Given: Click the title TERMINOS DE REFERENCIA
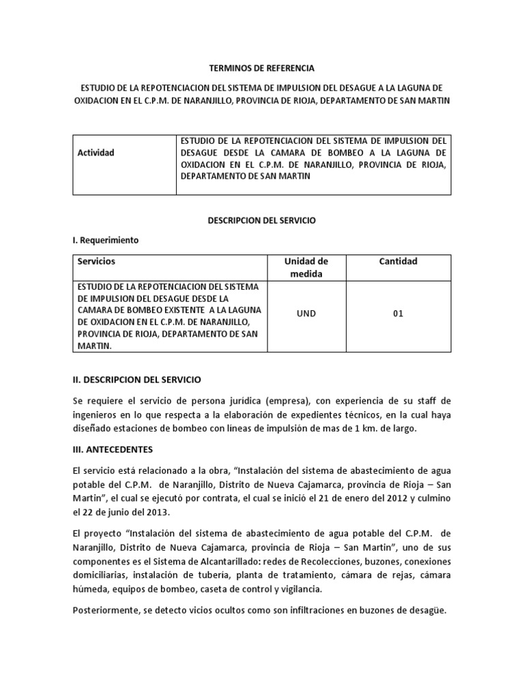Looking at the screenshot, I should [x=262, y=69].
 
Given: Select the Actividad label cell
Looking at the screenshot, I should [x=96, y=152].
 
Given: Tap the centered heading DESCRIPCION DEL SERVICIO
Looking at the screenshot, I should [x=262, y=221].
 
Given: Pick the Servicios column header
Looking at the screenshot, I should [x=96, y=261].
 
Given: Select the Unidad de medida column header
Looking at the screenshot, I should [x=306, y=267].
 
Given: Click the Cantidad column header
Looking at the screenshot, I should [x=399, y=261].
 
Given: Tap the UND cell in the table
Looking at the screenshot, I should [x=306, y=314].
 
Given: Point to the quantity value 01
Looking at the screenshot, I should [x=399, y=314].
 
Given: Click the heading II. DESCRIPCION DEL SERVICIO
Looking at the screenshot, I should [x=136, y=378].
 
